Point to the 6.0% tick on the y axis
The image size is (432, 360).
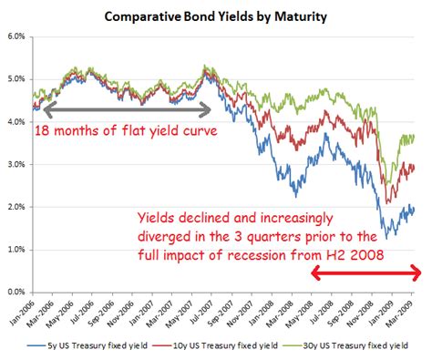[15, 37]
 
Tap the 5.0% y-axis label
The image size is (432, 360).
[15, 79]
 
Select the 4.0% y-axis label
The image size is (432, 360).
[15, 122]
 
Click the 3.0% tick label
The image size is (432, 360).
[15, 164]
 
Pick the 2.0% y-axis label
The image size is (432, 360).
[15, 207]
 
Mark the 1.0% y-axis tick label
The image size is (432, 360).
[15, 249]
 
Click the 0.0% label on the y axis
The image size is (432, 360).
[15, 292]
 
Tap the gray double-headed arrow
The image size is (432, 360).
[122, 109]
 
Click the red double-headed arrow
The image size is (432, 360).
[365, 273]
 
